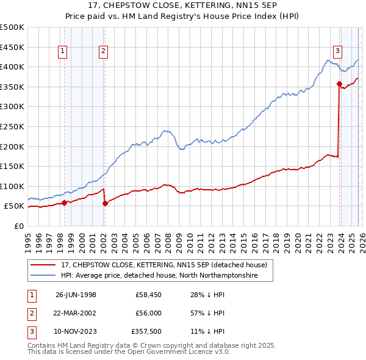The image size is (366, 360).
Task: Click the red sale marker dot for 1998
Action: tap(65, 203)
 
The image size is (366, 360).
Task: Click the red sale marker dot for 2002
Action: tap(105, 204)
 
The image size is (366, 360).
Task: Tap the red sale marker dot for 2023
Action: tap(339, 84)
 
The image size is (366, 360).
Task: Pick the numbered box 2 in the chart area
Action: tap(104, 52)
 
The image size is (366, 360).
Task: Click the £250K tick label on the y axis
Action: tap(12, 126)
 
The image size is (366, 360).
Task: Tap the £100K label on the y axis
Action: tap(12, 186)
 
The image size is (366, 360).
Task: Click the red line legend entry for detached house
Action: tap(163, 265)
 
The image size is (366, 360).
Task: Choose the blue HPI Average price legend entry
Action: tap(159, 276)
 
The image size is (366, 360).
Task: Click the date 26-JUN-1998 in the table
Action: tap(76, 295)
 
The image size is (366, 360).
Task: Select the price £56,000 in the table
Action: tap(149, 313)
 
